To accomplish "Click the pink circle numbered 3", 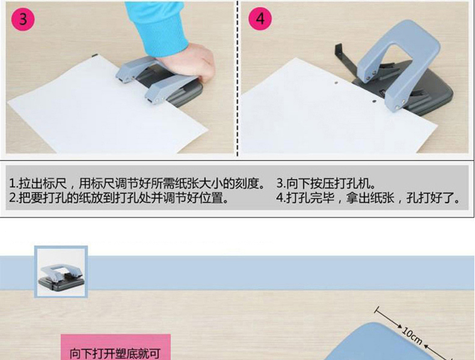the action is point(23,19).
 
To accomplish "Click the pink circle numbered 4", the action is point(260,19).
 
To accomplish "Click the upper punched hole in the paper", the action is point(336,82).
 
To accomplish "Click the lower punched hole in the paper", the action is point(375,102).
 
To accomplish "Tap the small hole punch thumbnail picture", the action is point(61,272).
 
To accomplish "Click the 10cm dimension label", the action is point(412,335).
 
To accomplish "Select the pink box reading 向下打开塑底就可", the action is point(115,347).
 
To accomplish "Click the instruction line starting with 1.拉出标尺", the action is point(138,183).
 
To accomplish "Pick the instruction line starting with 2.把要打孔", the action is point(118,198).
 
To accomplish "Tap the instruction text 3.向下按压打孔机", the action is point(326,183).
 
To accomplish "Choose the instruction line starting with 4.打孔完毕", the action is point(368,198).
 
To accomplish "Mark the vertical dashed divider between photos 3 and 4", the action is point(237,78).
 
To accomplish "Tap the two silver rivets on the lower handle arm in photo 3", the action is point(160,99).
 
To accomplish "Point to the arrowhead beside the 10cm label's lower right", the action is point(426,347).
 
